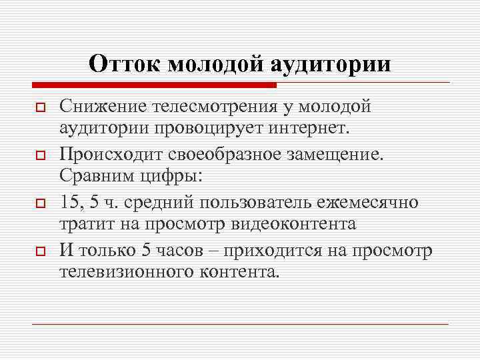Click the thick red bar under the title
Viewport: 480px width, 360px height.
[153, 85]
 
